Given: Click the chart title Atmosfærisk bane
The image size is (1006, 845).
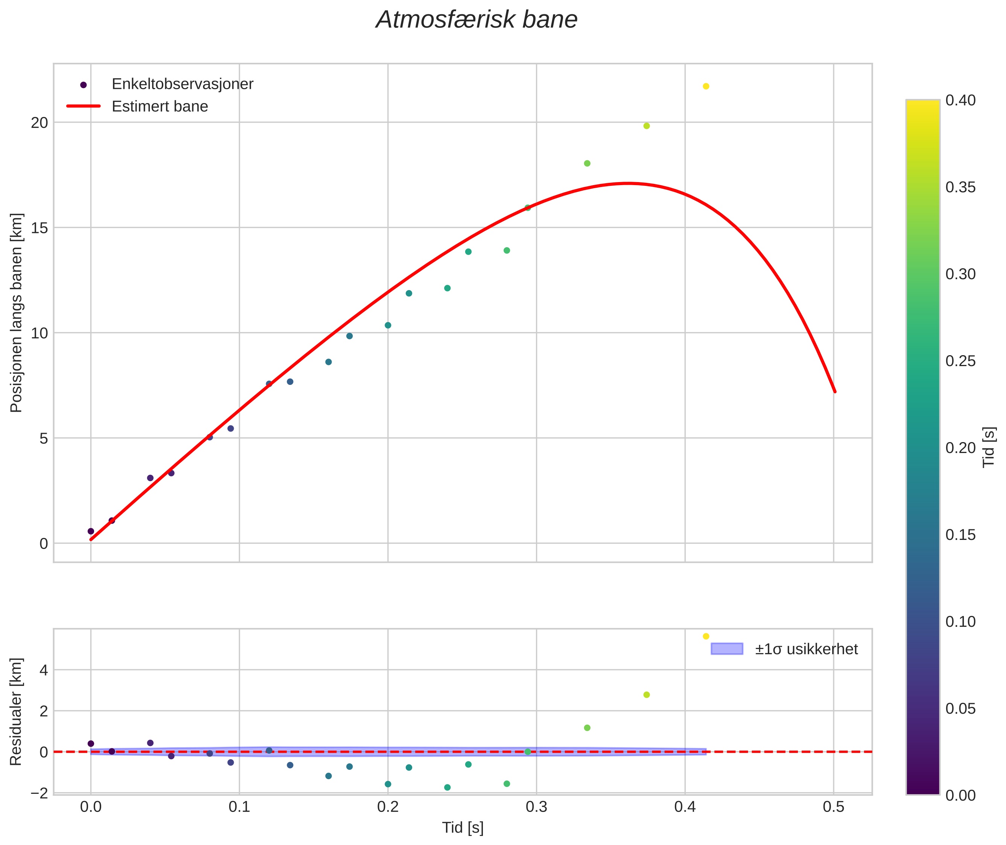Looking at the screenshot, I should [476, 20].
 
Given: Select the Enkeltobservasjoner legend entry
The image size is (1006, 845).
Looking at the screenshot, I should [182, 84].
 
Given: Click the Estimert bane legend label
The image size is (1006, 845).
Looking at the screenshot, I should [160, 106].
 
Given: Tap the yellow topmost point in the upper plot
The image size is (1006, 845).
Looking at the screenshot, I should [706, 86].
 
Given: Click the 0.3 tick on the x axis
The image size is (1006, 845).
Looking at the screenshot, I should [536, 807].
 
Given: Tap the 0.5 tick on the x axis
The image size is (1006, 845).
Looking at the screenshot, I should [834, 807].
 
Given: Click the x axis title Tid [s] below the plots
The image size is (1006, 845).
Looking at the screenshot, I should [463, 828].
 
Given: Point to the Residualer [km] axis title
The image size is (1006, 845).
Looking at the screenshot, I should [16, 712].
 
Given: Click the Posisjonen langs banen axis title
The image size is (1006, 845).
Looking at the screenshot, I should [16, 312].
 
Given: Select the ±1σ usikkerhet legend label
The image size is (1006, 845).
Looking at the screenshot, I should [806, 649].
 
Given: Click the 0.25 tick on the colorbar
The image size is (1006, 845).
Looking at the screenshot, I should [960, 361].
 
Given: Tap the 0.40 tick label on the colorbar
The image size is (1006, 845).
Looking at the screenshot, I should [960, 100].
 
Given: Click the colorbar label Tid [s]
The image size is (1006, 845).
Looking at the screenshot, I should [988, 447].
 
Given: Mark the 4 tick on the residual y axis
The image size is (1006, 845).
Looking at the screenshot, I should [44, 670].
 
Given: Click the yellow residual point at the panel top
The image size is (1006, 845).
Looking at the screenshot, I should [706, 636].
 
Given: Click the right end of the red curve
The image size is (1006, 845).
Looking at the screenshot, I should [834, 391].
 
